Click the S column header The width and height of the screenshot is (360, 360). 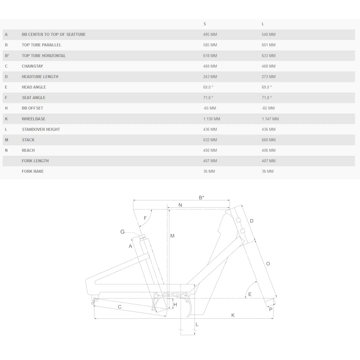(205, 24)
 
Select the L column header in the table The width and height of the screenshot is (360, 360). (263, 24)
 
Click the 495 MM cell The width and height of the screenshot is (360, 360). (210, 34)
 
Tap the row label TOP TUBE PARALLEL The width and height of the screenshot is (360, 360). (41, 45)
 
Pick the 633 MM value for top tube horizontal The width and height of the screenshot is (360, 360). (268, 55)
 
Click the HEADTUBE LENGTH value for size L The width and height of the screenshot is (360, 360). (268, 77)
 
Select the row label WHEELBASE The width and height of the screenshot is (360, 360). (34, 119)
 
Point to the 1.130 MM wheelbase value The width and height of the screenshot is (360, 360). (211, 119)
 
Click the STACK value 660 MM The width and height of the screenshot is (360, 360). (268, 140)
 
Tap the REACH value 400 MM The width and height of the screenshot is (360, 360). (210, 150)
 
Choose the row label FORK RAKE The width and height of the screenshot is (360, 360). (33, 171)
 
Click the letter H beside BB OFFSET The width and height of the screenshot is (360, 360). (6, 108)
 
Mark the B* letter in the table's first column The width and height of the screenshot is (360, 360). (7, 56)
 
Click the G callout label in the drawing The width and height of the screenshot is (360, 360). (122, 232)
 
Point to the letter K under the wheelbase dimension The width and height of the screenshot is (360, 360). (233, 315)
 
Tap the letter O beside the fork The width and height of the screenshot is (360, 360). (268, 264)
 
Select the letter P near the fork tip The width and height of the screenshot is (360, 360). (271, 309)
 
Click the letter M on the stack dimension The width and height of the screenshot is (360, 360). (172, 236)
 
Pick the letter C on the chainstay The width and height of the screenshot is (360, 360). (120, 307)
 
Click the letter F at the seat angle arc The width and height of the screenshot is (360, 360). (145, 218)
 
